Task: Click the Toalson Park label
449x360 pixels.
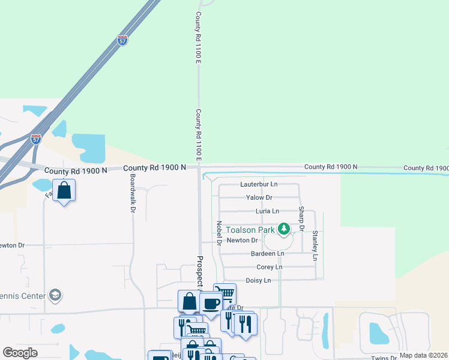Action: pos(250,229)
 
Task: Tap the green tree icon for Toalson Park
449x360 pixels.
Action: pos(284,229)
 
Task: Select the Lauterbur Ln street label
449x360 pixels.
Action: pos(259,184)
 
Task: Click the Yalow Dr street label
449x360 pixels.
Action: pos(259,197)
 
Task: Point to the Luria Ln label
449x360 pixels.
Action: pos(267,211)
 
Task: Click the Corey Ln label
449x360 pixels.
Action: pos(269,267)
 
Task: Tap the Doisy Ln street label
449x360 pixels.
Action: pos(258,280)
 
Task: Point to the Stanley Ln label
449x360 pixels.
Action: pos(314,245)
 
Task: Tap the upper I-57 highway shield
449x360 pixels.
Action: pos(122,41)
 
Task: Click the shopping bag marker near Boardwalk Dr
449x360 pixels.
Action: pos(64,191)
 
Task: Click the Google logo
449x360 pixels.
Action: pos(20,353)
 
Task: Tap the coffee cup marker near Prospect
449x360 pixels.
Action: pos(211,304)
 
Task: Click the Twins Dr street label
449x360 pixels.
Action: pos(384,358)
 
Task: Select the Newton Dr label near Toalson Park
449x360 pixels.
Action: pos(242,241)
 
